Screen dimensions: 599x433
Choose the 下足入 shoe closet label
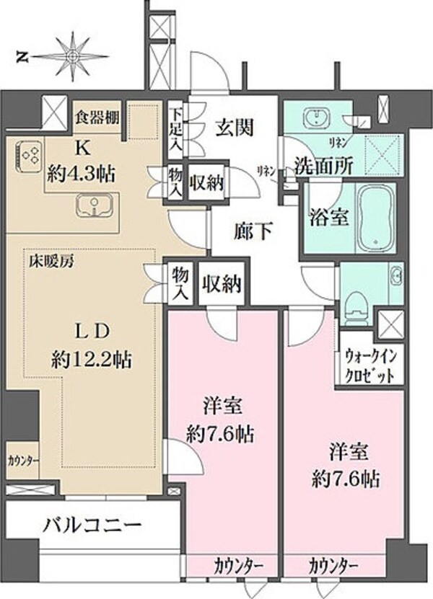[x=176, y=130]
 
